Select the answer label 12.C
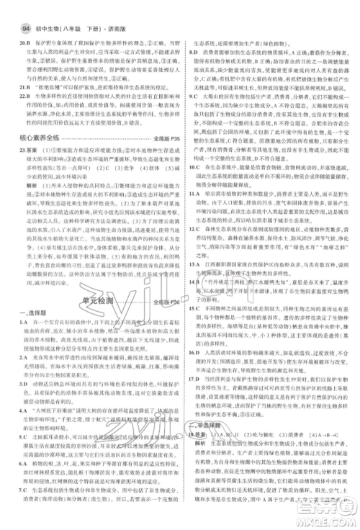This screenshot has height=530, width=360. coord(194,228)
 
